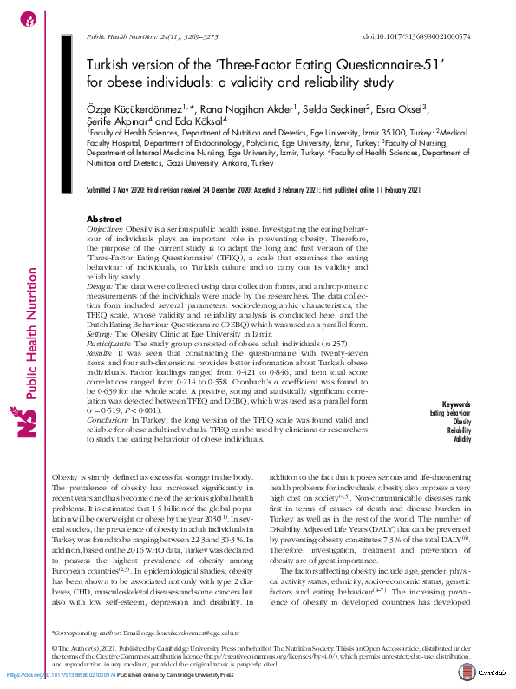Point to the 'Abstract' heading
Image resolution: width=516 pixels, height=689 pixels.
pyautogui.click(x=106, y=220)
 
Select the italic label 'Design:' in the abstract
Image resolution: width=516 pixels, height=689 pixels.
pyautogui.click(x=101, y=284)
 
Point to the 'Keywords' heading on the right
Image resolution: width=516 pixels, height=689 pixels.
pyautogui.click(x=455, y=404)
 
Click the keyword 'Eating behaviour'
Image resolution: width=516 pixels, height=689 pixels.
pyautogui.click(x=450, y=413)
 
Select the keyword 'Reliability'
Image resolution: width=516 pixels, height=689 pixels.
pyautogui.click(x=459, y=430)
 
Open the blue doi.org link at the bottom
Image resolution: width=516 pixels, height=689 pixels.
pyautogui.click(x=60, y=674)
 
